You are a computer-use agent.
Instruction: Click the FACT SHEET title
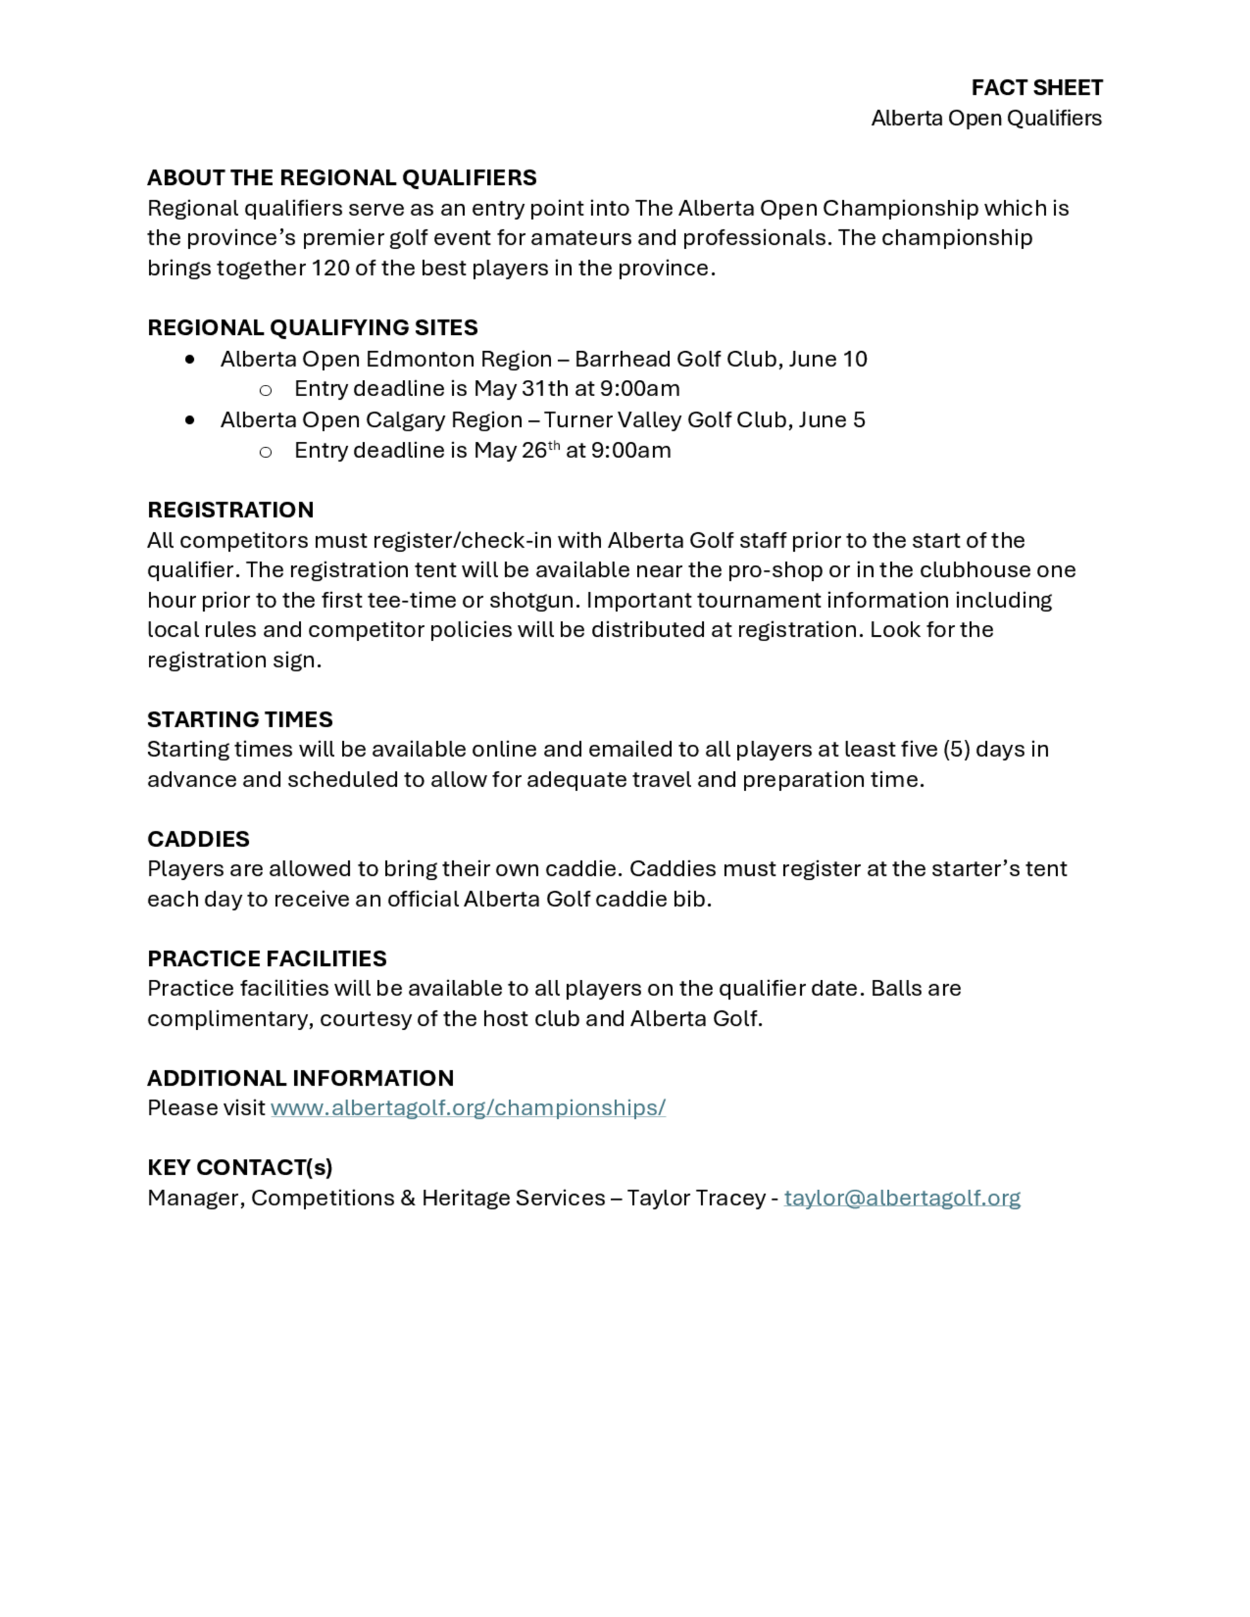click(x=1036, y=88)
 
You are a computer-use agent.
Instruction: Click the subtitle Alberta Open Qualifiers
click(x=986, y=119)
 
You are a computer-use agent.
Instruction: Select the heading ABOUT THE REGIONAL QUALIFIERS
click(x=341, y=177)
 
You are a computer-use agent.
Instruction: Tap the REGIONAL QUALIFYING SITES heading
click(x=312, y=327)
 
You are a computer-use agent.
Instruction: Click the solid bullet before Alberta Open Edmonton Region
click(x=191, y=359)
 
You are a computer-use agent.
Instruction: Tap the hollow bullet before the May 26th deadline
click(x=265, y=452)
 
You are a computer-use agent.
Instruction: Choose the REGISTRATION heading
click(x=230, y=509)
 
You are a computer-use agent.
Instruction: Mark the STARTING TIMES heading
click(x=240, y=720)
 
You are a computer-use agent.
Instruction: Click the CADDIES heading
click(x=199, y=839)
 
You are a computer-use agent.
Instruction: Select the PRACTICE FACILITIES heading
click(x=267, y=959)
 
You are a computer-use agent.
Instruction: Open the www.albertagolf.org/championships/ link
click(x=468, y=1108)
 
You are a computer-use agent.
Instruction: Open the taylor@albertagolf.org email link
click(x=902, y=1198)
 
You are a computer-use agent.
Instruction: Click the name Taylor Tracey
click(x=696, y=1198)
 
